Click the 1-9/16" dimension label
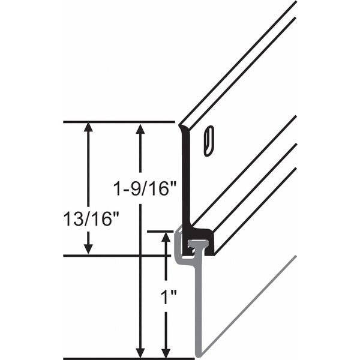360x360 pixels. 145,189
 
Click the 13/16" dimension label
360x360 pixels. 91,218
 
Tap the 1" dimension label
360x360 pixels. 169,297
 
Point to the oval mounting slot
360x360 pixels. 209,141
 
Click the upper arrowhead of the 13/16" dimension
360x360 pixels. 88,127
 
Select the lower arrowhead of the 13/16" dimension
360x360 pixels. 88,250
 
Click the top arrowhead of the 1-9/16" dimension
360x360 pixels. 140,128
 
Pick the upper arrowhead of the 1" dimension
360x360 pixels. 166,237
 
